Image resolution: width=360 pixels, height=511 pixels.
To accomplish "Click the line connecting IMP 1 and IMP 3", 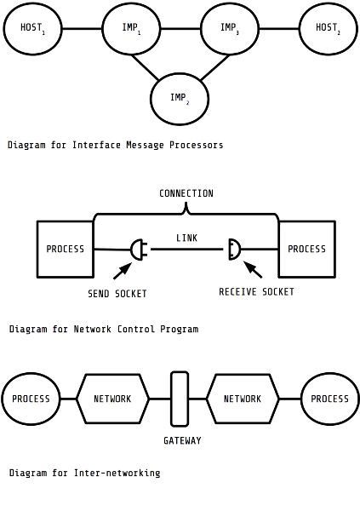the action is [180, 29].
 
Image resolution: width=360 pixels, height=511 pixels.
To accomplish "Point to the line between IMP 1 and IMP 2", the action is [145, 67].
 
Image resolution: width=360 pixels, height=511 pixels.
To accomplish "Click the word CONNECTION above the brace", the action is [186, 193].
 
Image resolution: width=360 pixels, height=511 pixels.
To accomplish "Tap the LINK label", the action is [186, 238].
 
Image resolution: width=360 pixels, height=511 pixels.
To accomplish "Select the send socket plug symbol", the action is [139, 250].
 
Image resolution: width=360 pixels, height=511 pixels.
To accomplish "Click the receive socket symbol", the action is [235, 250].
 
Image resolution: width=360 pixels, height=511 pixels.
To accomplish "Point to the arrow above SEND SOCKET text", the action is [123, 271].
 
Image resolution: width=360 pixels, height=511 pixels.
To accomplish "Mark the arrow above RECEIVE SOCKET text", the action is [253, 269].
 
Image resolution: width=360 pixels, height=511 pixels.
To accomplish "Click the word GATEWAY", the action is [182, 440].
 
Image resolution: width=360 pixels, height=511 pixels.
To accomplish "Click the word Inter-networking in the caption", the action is [117, 473].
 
